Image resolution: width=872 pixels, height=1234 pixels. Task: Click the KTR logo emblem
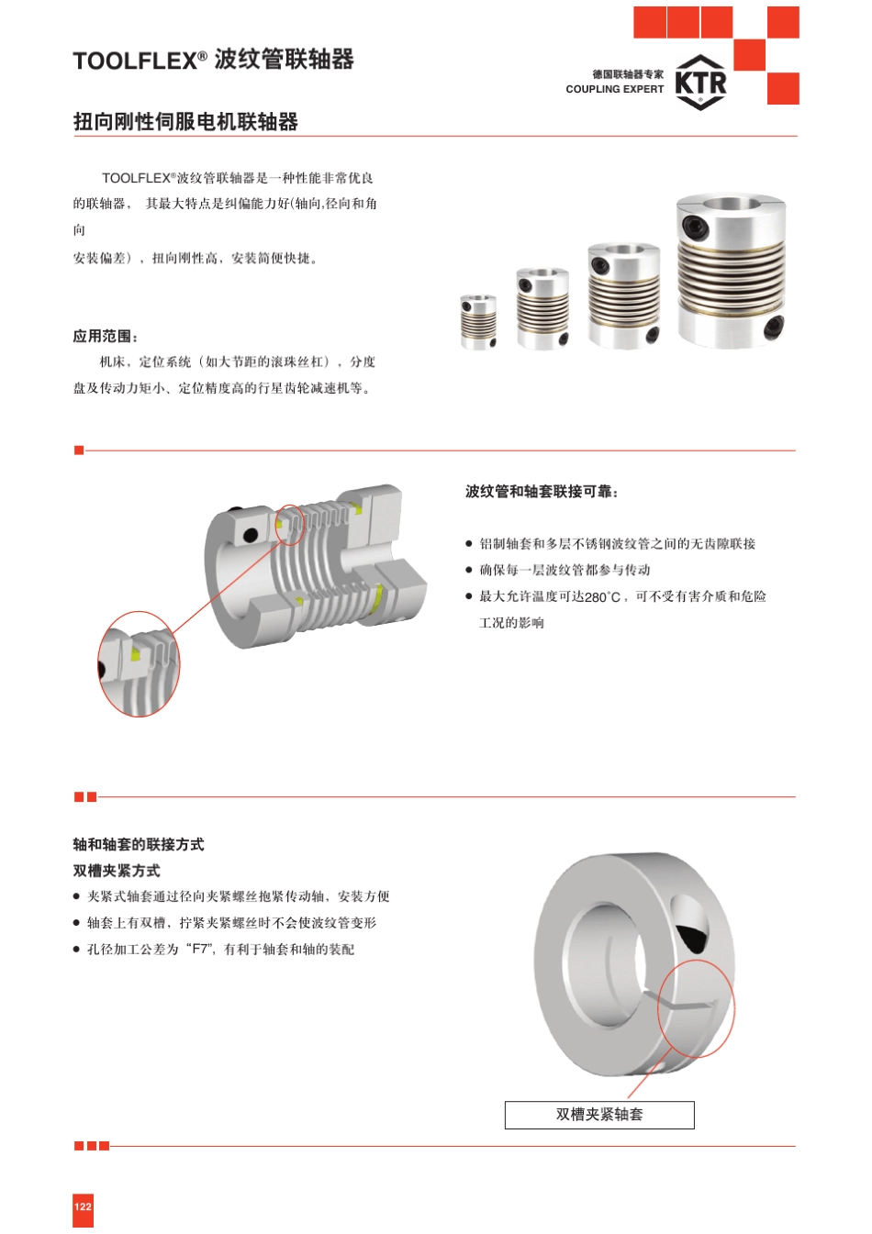pyautogui.click(x=700, y=83)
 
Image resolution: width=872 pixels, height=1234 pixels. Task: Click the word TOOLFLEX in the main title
pyautogui.click(x=135, y=61)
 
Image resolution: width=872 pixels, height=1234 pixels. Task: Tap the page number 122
pyautogui.click(x=83, y=1206)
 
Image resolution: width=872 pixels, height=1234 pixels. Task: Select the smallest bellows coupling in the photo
pyautogui.click(x=477, y=321)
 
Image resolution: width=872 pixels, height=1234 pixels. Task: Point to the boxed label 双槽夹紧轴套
pyautogui.click(x=599, y=1115)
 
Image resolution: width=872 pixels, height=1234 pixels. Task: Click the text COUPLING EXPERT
pyautogui.click(x=614, y=89)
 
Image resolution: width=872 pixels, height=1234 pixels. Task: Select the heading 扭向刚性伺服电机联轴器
pyautogui.click(x=185, y=122)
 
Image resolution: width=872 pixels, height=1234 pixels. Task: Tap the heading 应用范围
pyautogui.click(x=105, y=337)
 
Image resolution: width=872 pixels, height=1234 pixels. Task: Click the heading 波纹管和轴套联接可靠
pyautogui.click(x=541, y=492)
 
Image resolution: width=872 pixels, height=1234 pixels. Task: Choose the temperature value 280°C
pyautogui.click(x=603, y=597)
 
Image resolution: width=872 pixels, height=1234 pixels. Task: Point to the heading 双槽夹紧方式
pyautogui.click(x=117, y=871)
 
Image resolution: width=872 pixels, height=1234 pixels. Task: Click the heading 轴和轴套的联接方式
pyautogui.click(x=139, y=844)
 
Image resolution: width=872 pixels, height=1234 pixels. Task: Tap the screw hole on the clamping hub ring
pyautogui.click(x=690, y=924)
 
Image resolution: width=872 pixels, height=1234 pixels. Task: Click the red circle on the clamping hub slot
pyautogui.click(x=696, y=1008)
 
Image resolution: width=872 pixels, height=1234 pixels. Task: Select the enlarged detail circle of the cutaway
pyautogui.click(x=139, y=664)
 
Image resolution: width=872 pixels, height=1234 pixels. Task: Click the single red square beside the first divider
pyautogui.click(x=79, y=450)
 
